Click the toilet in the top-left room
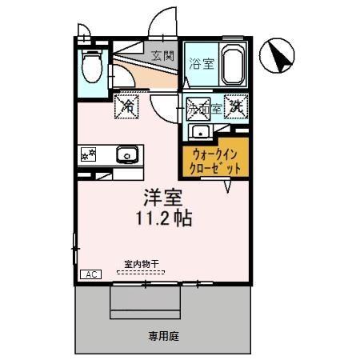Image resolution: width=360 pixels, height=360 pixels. [92, 63]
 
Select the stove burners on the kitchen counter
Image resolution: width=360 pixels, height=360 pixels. [90, 154]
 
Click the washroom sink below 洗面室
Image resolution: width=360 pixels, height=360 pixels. [199, 131]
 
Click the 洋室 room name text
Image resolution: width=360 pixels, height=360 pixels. [161, 196]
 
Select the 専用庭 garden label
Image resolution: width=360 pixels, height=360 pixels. [162, 337]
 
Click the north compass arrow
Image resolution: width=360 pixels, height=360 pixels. [280, 54]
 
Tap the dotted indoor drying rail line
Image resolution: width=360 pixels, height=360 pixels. [141, 273]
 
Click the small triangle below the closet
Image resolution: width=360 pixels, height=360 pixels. [228, 186]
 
